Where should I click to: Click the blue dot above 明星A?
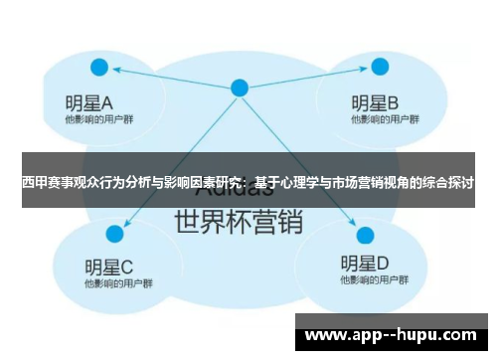click(x=98, y=68)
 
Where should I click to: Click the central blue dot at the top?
click(x=239, y=88)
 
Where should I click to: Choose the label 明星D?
click(x=364, y=264)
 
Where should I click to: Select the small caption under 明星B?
click(x=377, y=119)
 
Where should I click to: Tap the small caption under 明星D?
click(x=368, y=281)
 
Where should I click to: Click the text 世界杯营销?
click(x=238, y=220)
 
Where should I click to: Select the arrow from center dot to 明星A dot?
click(x=169, y=78)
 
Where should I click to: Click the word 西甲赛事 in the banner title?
click(x=45, y=183)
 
